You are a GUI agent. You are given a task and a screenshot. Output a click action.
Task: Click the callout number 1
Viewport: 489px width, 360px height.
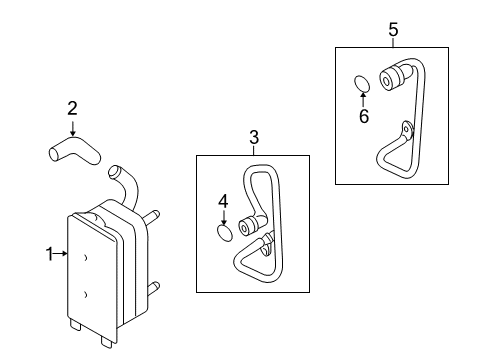click(49, 254)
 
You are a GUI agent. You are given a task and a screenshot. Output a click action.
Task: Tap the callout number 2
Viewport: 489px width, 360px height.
click(72, 109)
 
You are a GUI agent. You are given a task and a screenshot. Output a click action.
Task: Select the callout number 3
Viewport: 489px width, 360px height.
click(254, 137)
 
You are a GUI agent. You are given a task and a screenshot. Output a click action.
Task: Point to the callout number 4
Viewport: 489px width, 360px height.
click(223, 202)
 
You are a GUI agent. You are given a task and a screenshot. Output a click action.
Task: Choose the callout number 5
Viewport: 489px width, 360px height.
click(393, 30)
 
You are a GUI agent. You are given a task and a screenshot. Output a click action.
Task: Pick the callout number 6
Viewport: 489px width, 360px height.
click(364, 116)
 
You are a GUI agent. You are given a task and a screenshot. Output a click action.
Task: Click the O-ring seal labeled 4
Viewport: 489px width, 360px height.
click(225, 233)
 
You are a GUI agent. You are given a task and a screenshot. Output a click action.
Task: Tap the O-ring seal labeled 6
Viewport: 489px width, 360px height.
click(362, 84)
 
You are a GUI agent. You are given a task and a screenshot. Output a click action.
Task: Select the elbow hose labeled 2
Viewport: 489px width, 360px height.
click(75, 152)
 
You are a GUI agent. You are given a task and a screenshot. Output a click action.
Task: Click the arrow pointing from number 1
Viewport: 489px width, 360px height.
click(61, 254)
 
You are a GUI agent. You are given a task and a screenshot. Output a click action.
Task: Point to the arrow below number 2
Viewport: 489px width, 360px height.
click(72, 128)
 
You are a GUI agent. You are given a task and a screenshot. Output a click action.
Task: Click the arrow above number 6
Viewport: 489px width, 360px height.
click(363, 100)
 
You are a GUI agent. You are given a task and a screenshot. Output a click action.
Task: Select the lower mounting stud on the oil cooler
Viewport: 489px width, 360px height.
click(153, 288)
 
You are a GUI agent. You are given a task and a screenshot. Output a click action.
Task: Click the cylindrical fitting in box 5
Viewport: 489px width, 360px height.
click(391, 78)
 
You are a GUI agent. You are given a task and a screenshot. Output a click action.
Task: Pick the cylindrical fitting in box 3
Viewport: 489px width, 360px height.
click(248, 226)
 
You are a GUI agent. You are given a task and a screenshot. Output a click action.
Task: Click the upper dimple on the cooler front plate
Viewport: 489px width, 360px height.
click(85, 258)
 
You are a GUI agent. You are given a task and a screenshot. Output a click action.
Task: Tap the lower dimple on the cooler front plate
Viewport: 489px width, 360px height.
click(85, 295)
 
